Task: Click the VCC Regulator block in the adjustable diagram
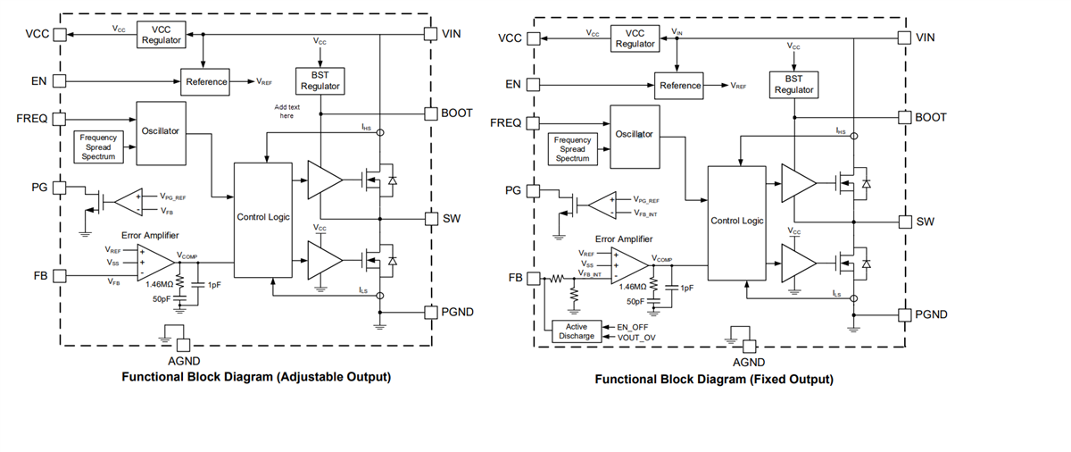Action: point(162,35)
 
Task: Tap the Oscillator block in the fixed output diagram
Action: point(635,134)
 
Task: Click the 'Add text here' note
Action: point(286,111)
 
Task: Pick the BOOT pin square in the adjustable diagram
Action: point(431,113)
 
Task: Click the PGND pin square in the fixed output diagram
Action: point(904,314)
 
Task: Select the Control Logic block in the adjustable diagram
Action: point(262,217)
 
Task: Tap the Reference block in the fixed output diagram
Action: point(679,86)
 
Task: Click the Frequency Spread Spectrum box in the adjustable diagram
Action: point(98,147)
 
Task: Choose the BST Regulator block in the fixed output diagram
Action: point(793,84)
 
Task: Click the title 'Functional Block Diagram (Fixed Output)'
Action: point(714,380)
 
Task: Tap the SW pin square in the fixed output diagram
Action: point(904,222)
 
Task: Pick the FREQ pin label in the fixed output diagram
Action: point(506,122)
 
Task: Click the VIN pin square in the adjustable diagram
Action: point(431,34)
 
